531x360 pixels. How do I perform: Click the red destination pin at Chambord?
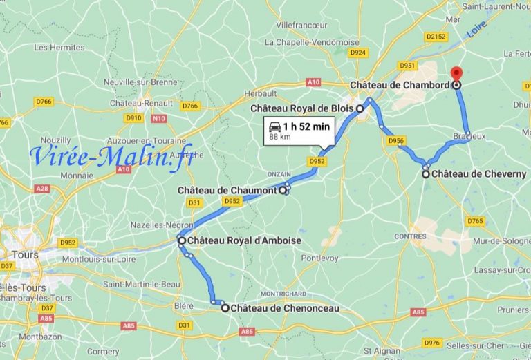click(x=456, y=74)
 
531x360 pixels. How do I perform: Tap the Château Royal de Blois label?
click(x=301, y=108)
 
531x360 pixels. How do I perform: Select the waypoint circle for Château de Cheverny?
click(x=425, y=174)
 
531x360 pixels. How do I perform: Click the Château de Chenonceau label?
click(x=286, y=308)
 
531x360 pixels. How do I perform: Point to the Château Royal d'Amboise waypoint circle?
click(x=181, y=240)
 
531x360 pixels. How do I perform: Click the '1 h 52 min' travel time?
click(x=307, y=126)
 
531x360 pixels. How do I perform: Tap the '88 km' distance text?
click(x=280, y=137)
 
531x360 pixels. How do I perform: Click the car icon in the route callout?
click(x=274, y=126)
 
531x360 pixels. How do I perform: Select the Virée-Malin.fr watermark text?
click(x=111, y=157)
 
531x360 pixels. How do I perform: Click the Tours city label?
click(x=26, y=254)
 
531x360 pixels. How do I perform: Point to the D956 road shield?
click(x=396, y=141)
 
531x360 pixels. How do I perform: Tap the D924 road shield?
click(x=357, y=52)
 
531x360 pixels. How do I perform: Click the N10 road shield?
click(x=158, y=118)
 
